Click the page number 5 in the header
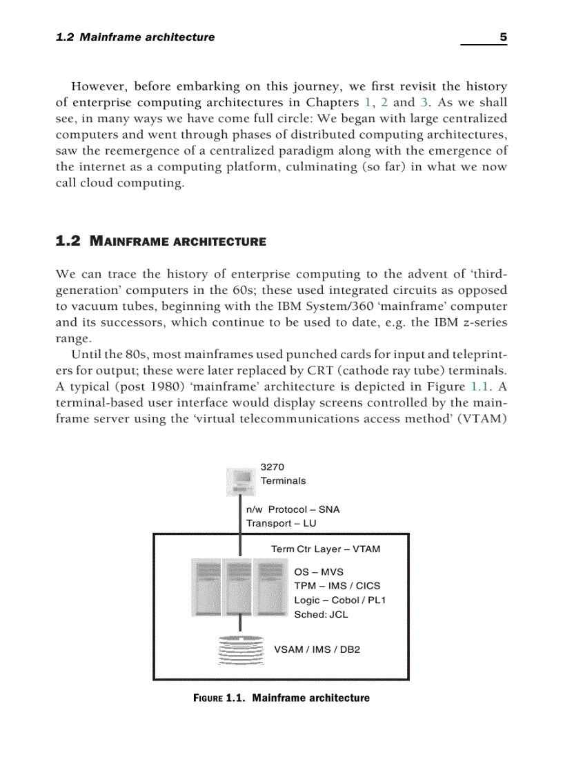(x=503, y=37)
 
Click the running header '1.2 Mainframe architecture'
(x=135, y=37)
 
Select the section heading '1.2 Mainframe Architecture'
(x=160, y=242)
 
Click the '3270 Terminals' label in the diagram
(x=283, y=474)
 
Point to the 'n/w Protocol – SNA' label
(x=293, y=509)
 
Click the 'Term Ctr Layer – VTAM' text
(x=325, y=549)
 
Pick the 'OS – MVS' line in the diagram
(x=318, y=572)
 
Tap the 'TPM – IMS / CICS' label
(x=337, y=586)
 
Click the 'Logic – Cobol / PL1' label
(x=339, y=600)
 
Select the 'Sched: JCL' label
(x=321, y=614)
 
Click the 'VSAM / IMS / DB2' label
(x=317, y=650)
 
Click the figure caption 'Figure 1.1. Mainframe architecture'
(x=281, y=698)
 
